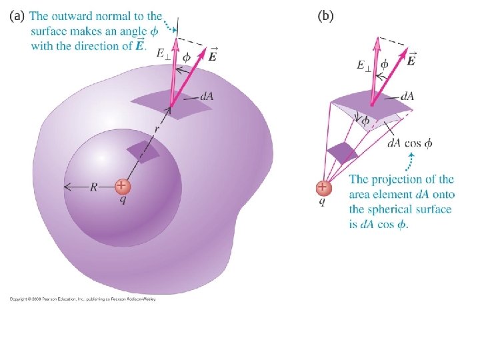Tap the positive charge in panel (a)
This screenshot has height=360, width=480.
121,186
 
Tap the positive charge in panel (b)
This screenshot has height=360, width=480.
323,187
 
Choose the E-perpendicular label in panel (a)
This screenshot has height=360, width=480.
163,52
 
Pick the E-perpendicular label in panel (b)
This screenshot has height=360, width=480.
363,65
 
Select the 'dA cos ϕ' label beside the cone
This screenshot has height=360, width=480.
410,143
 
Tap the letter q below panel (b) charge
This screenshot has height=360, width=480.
322,201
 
